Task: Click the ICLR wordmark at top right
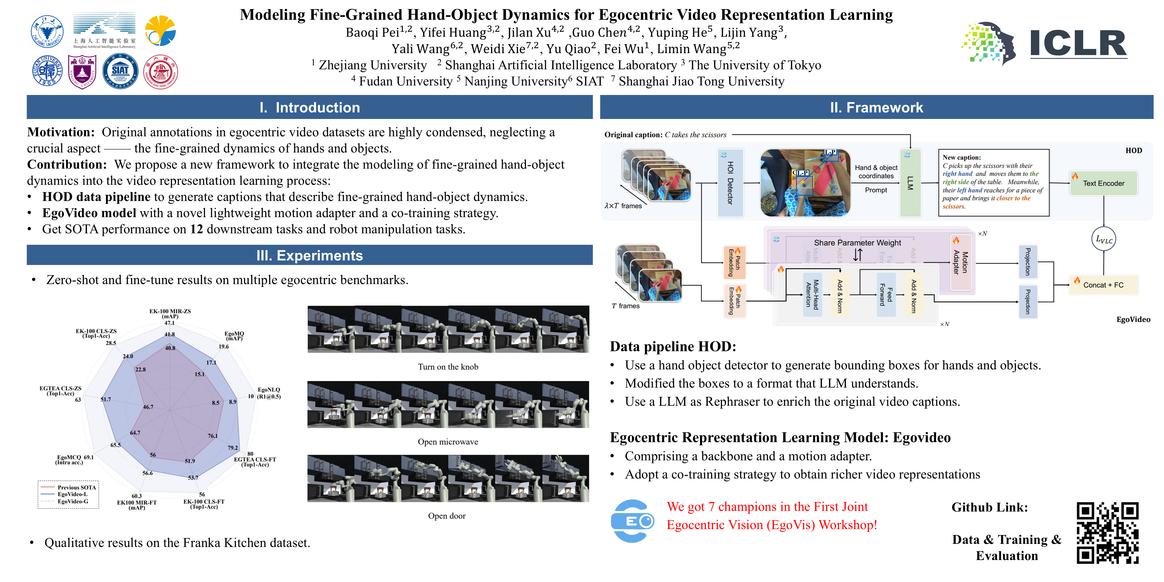(x=1078, y=44)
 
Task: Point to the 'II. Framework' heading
(x=876, y=108)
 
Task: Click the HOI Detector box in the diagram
(x=730, y=183)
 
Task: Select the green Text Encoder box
(x=1103, y=183)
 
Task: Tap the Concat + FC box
(x=1103, y=285)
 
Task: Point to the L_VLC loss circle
(x=1103, y=239)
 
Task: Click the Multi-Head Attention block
(x=812, y=295)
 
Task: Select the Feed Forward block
(x=886, y=295)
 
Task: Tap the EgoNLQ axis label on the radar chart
(x=269, y=393)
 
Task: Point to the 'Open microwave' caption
(x=448, y=442)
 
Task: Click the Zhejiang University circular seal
(x=47, y=32)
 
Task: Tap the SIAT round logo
(x=120, y=71)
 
